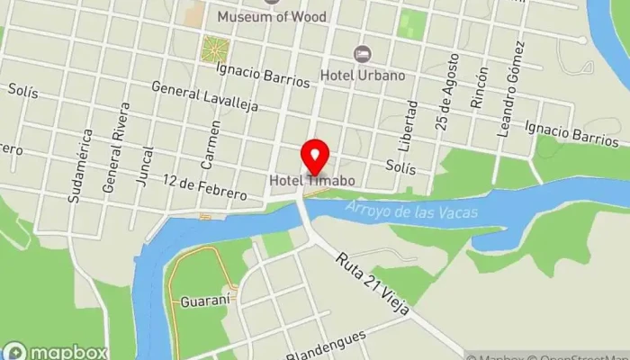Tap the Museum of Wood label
[272, 16]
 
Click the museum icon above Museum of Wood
[272, 2]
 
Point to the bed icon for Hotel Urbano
[364, 56]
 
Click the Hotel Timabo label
[311, 181]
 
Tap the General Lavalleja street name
[204, 96]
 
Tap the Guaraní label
[201, 301]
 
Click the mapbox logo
[56, 352]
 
